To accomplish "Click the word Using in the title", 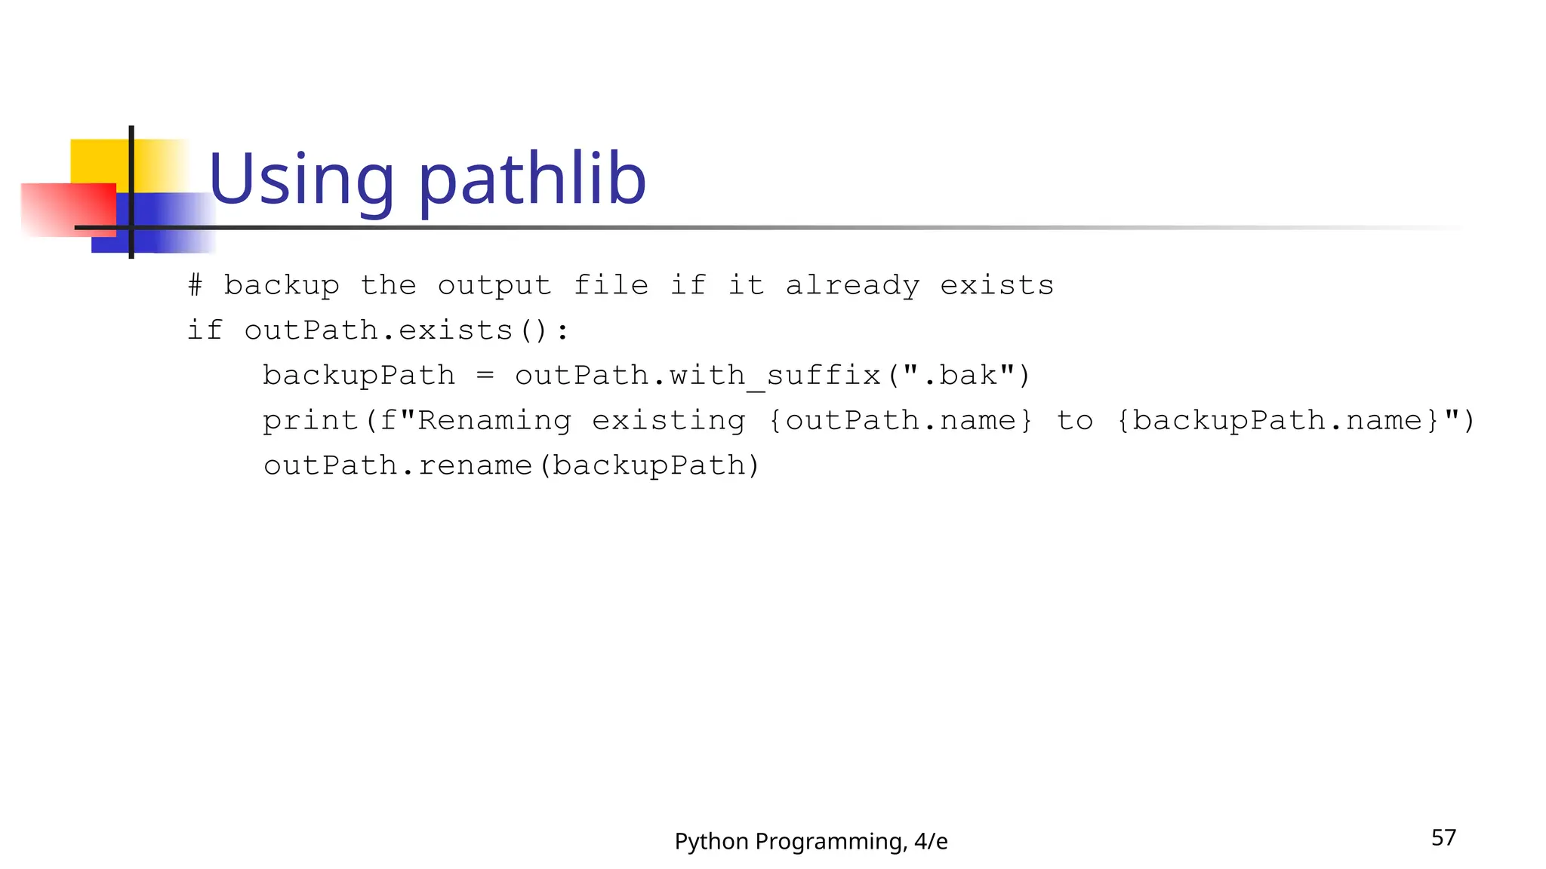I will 301,180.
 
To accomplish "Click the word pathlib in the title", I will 532,180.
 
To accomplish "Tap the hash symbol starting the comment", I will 195,285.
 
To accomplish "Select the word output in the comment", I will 494,285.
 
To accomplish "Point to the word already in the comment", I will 852,285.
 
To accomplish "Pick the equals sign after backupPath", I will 485,375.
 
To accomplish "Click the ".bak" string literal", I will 959,375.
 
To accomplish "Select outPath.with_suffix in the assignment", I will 698,375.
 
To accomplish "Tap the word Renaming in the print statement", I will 494,420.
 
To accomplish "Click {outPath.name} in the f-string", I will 900,420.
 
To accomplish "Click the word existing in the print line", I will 668,420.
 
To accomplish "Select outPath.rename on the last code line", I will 398,465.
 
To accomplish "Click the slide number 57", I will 1443,837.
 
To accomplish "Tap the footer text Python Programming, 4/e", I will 811,841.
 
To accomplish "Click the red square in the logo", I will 68,210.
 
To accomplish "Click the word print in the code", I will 310,420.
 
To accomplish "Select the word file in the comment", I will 611,285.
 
